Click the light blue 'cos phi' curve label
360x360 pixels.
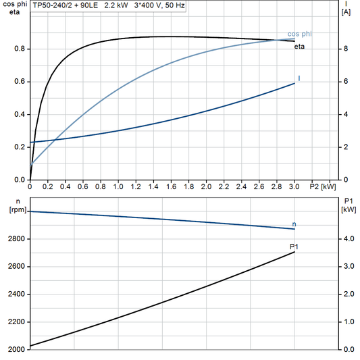click(299, 34)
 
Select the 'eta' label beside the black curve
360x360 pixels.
click(298, 47)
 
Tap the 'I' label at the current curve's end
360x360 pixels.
click(299, 79)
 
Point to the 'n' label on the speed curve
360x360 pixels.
click(294, 224)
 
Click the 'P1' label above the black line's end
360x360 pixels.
click(293, 247)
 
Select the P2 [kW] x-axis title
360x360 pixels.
click(322, 186)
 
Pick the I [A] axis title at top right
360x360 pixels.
click(346, 8)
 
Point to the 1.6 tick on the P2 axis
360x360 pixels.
click(171, 186)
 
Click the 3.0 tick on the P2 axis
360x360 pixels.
click(294, 186)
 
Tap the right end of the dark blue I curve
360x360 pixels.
click(294, 83)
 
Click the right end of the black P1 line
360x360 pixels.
click(294, 252)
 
